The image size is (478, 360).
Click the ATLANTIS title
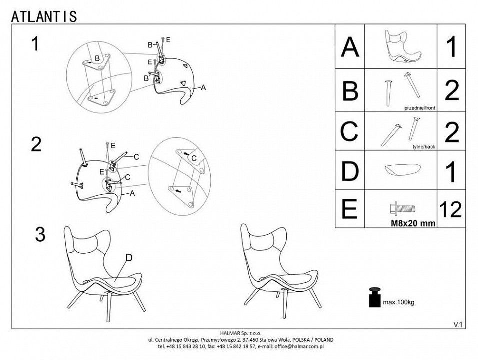coord(44,16)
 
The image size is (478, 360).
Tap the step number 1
coord(35,44)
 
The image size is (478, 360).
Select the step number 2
coord(36,144)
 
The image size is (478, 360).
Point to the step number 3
coord(40,234)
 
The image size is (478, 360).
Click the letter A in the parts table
coord(350,47)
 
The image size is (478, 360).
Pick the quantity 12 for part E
coord(450,210)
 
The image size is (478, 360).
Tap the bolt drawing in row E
coord(402,209)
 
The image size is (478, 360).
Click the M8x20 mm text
coord(413,223)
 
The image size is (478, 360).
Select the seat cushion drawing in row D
coord(403,170)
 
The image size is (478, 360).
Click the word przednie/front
coord(420,108)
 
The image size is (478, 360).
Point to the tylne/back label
coord(424,147)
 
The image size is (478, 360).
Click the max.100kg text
coord(399,302)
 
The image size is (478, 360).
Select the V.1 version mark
coord(458,325)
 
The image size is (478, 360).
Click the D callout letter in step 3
coord(129,258)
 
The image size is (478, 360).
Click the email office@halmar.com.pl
coord(299,346)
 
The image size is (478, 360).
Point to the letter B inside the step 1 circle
coord(97,58)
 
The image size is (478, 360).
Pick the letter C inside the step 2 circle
coord(194,158)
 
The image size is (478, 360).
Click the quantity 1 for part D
coord(451,172)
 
